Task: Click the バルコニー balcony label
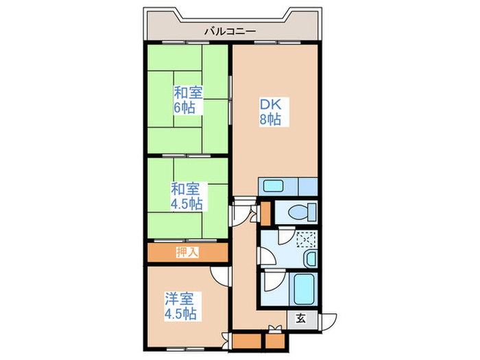coord(230,32)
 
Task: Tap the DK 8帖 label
coord(269,112)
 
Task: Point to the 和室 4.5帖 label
coord(186,195)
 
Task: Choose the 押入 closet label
coord(187,252)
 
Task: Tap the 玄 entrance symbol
coord(301,317)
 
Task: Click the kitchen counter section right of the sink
coord(308,186)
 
